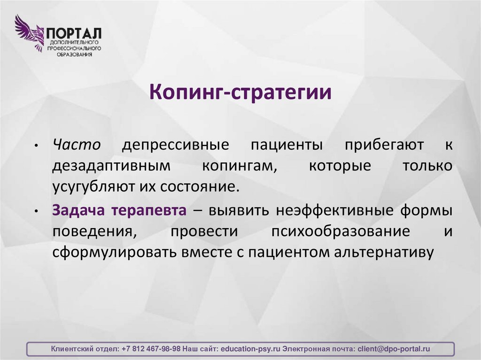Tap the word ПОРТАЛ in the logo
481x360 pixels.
point(73,34)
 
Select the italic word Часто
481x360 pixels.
point(76,145)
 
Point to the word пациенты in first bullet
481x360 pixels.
point(286,145)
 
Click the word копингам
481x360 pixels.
point(239,166)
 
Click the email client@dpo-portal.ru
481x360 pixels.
point(394,349)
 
